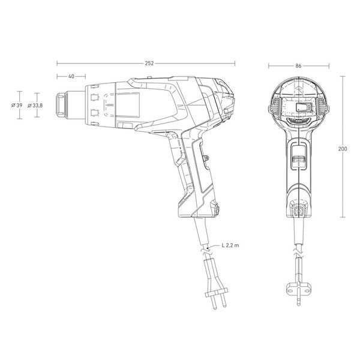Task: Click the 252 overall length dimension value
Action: click(x=149, y=64)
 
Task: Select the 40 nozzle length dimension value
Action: click(x=71, y=76)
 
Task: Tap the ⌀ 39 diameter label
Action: click(x=17, y=106)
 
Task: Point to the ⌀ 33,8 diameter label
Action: click(x=35, y=106)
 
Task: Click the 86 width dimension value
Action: click(x=298, y=66)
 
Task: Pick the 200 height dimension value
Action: click(x=343, y=149)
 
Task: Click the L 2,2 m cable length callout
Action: click(x=230, y=245)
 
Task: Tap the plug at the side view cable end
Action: click(x=216, y=284)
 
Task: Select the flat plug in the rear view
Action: click(x=299, y=290)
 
